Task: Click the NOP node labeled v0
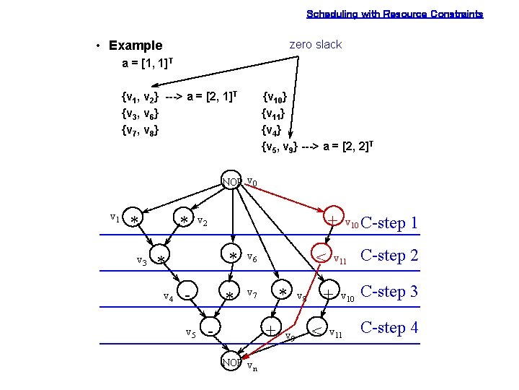[232, 181]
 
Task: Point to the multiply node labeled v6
[233, 256]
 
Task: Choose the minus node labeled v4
[187, 294]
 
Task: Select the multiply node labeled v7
[229, 295]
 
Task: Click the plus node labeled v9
[270, 329]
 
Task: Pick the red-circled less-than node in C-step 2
[318, 256]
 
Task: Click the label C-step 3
[389, 292]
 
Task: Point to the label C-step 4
[389, 327]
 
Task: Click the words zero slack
[315, 45]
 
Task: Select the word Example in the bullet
[136, 45]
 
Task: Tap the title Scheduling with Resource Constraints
[395, 14]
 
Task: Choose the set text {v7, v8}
[141, 131]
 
